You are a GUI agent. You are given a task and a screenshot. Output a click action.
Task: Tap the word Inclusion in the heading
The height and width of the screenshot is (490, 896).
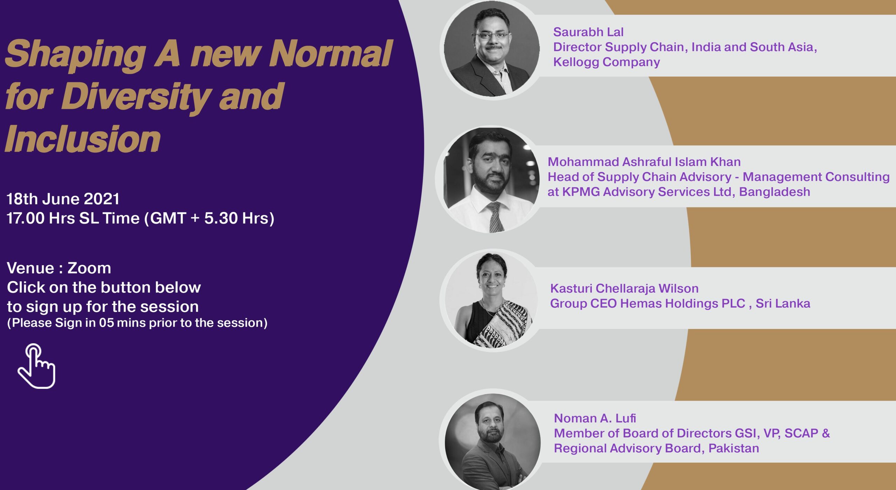[83, 139]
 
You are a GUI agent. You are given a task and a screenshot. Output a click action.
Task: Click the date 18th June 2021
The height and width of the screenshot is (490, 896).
[63, 199]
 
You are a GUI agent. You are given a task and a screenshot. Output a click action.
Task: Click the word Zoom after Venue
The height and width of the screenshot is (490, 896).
[89, 268]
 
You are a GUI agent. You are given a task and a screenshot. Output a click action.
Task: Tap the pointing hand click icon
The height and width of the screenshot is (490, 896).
[37, 366]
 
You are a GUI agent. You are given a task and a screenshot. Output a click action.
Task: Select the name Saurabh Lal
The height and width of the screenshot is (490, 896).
[588, 32]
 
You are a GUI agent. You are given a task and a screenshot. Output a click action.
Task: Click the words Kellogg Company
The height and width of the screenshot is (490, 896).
[607, 62]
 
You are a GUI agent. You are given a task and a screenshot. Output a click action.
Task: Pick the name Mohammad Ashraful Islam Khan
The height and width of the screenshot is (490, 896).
[644, 162]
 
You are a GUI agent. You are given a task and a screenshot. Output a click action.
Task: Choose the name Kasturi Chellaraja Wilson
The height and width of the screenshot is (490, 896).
[624, 288]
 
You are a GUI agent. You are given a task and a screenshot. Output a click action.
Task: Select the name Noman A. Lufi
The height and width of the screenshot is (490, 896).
[595, 418]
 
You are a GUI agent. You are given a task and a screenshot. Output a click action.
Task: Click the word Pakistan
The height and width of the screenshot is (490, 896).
[734, 448]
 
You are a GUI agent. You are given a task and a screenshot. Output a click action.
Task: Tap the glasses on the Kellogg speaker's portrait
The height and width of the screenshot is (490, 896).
[492, 35]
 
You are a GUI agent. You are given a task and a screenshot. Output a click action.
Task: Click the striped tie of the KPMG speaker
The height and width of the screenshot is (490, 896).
[494, 216]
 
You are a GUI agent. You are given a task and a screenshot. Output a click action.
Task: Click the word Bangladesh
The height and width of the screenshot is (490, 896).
[775, 192]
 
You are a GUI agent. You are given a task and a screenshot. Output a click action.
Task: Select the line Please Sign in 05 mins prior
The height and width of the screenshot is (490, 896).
[137, 323]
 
